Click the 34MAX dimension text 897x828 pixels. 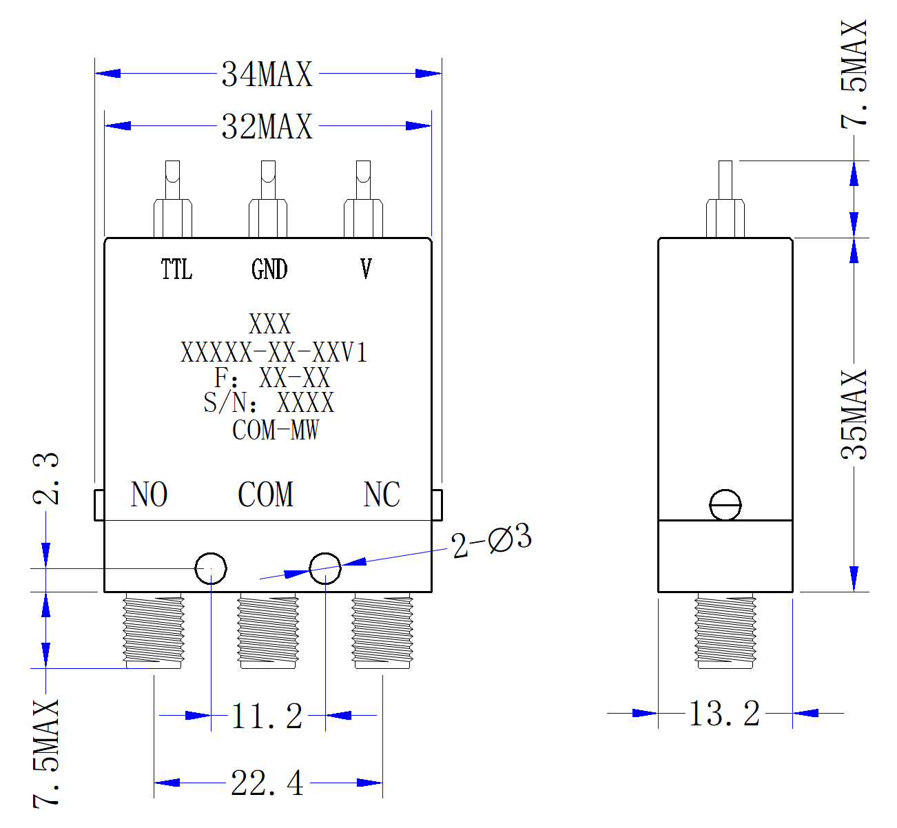tap(267, 74)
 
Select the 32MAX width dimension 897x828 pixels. tap(267, 127)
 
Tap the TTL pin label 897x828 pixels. tap(176, 269)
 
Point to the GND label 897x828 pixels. tap(269, 269)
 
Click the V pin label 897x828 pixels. tap(366, 269)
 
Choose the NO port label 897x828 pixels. tap(149, 494)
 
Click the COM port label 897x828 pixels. tap(265, 494)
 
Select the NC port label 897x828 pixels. tap(382, 494)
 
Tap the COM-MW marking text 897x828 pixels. tap(276, 430)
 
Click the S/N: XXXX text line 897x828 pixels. tap(269, 402)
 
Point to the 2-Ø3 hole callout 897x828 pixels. tap(491, 540)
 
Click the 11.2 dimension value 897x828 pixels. tap(267, 716)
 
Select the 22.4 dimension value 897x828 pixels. tap(267, 783)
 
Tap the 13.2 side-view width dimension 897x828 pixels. tap(725, 713)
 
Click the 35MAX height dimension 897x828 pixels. tap(854, 415)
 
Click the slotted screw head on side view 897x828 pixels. tap(725, 505)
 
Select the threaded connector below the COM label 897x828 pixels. tap(268, 630)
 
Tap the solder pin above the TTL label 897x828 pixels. tap(172, 199)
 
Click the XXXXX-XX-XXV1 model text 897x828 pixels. tap(274, 352)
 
